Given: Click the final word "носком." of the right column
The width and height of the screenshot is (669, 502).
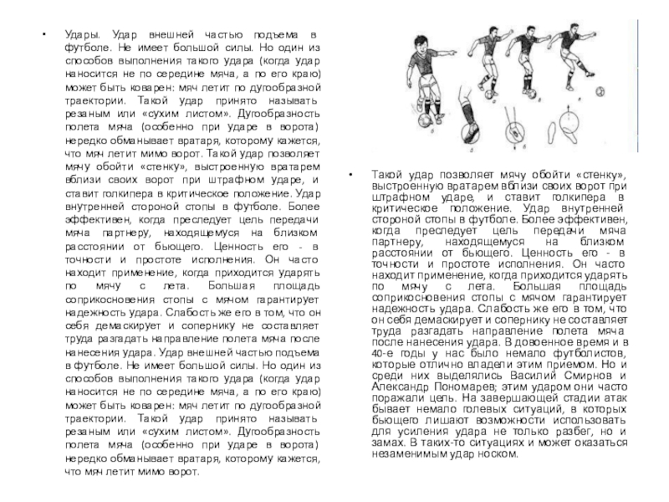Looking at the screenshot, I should [499, 454].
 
